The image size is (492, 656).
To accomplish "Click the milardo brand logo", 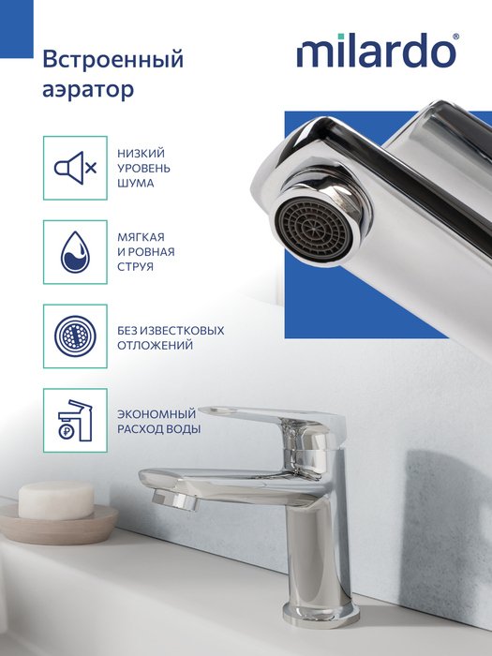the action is coord(376,51).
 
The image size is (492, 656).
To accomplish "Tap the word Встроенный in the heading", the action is coord(113,59).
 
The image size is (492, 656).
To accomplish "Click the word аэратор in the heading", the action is coord(88,90).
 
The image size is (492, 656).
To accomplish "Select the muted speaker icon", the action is coord(75,168).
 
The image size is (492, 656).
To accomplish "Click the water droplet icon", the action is coord(75,252).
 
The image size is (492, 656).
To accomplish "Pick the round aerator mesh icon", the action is coord(75,335).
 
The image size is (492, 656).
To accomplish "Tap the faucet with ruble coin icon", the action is coord(75,420).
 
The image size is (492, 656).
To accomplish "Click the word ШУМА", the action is coord(136,184).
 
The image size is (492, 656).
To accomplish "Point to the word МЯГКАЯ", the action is coord(141,237).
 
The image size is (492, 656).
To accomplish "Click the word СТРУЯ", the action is coord(136,267).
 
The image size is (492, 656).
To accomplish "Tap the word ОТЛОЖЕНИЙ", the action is coord(156,346).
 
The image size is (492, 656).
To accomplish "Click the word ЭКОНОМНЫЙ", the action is coord(157,414).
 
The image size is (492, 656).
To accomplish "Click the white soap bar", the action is coord(56,499).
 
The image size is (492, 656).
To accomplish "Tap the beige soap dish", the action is coord(58,525).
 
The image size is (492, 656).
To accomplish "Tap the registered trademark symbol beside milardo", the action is coord(455,37).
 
